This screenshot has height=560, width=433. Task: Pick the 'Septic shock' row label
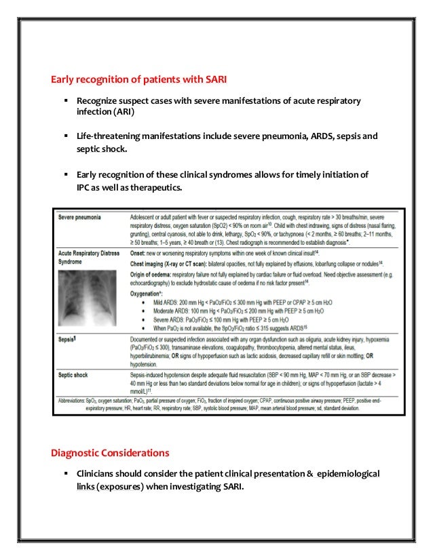(x=74, y=374)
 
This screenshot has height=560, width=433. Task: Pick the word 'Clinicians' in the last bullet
(x=99, y=473)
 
